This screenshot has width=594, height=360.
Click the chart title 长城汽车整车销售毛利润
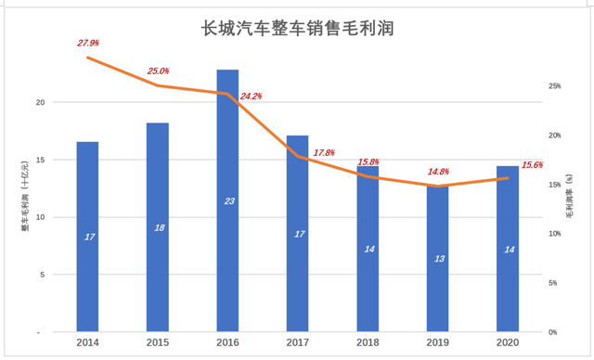[298, 29]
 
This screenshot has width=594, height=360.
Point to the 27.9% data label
[87, 43]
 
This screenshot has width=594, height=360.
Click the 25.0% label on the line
[158, 71]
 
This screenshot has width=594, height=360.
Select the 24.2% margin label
[251, 96]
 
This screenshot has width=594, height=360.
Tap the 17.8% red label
[324, 152]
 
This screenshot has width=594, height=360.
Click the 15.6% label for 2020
[532, 164]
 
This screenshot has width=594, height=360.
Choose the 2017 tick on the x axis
[297, 344]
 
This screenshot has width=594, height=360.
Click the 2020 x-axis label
[508, 344]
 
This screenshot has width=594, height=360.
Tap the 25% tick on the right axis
[554, 86]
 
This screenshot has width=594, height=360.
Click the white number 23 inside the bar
[227, 201]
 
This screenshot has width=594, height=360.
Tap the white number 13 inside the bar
[437, 258]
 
